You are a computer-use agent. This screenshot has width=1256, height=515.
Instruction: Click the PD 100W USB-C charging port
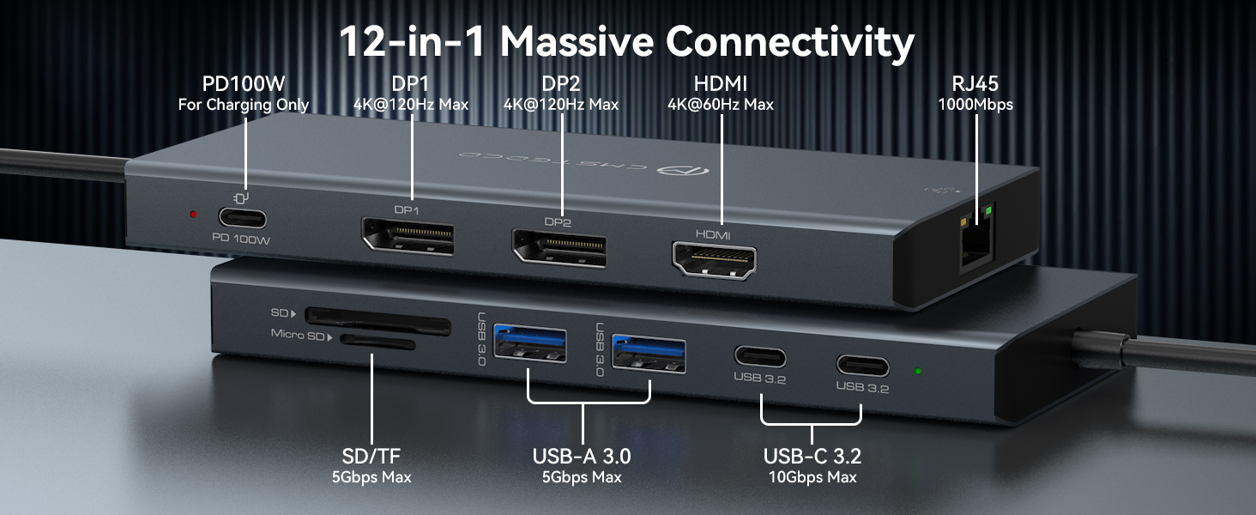point(243,218)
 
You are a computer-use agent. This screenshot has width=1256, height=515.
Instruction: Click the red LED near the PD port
point(194,214)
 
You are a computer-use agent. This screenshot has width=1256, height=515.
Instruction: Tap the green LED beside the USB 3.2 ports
point(918,372)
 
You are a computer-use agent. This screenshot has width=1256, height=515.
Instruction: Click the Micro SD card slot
point(378,343)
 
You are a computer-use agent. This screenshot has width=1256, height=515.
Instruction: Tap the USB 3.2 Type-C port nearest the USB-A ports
point(759,357)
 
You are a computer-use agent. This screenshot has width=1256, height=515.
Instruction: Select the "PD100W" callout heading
point(243,84)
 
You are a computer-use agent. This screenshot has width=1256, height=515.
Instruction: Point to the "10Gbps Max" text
point(812,477)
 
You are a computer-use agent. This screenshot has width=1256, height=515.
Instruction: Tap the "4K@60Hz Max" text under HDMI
point(720,105)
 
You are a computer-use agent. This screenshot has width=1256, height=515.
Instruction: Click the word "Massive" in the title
point(571,40)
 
